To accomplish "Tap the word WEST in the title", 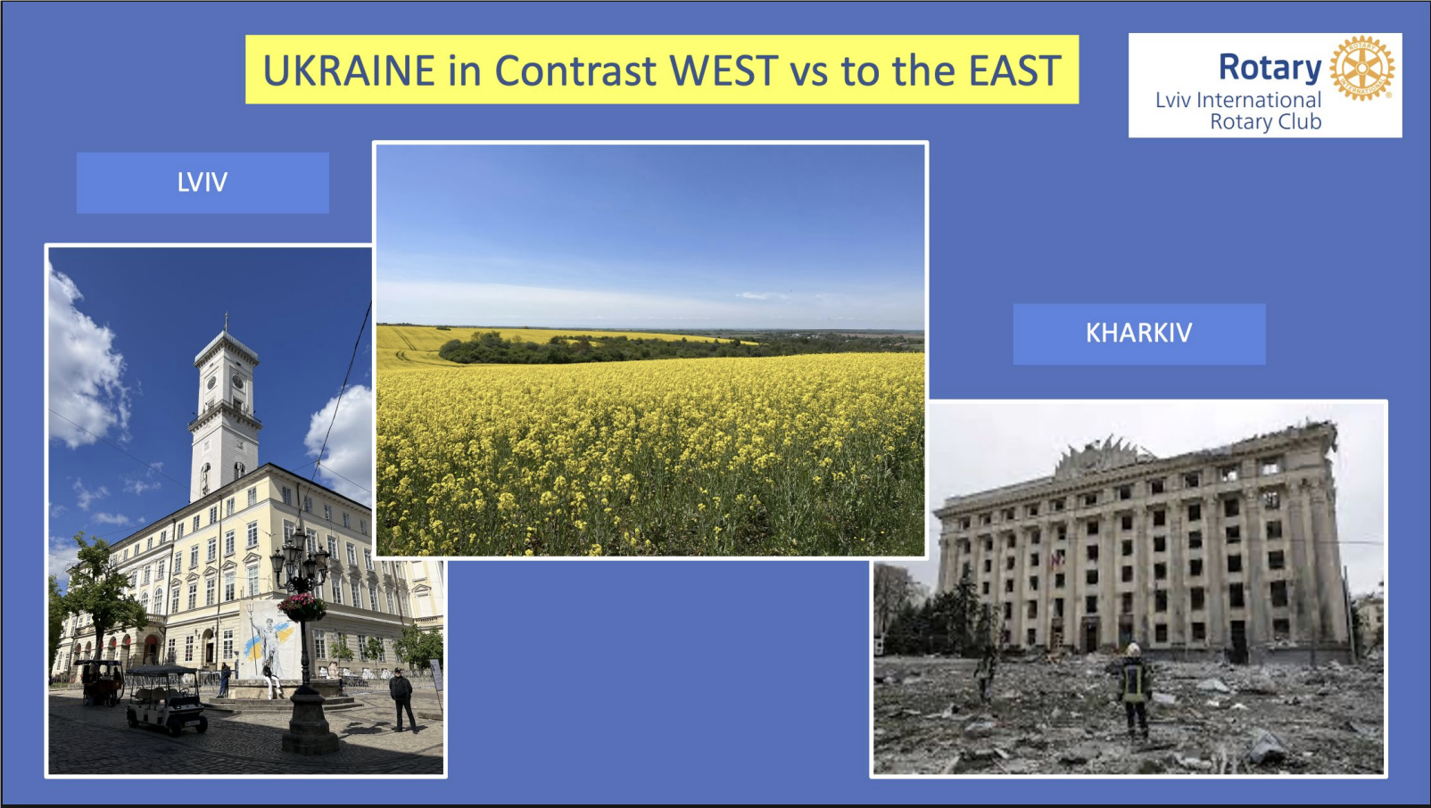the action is point(724,70).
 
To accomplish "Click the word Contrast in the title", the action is point(575,70).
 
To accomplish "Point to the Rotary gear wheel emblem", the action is point(1362,68).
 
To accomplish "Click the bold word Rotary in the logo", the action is point(1270,67).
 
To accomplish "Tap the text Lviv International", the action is point(1238,100).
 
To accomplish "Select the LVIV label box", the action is point(203,183).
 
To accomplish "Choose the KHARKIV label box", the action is point(1139,334).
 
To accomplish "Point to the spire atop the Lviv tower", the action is point(226,322).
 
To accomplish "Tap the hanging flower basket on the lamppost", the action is point(302,606).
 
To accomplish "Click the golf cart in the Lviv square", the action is point(166,699).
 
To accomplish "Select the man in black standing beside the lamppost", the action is point(401,699).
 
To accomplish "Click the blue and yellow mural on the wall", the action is point(269,638).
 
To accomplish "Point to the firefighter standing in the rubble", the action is point(1135,691).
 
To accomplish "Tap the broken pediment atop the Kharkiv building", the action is point(1100,456).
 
